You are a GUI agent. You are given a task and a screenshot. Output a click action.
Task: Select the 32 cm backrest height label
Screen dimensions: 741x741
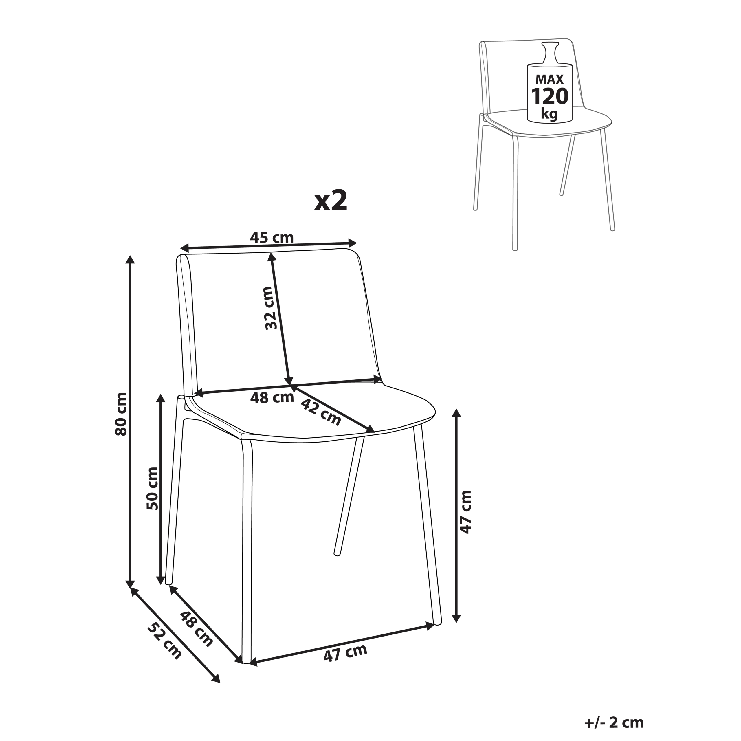tap(271, 308)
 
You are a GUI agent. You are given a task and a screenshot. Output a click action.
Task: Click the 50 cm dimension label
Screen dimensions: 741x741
tap(152, 488)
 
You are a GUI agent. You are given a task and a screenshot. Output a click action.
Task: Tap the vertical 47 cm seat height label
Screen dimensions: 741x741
tap(465, 512)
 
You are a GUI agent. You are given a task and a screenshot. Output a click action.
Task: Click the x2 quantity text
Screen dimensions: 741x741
tap(331, 201)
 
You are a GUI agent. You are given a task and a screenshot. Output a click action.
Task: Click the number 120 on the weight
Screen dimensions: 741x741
tap(550, 96)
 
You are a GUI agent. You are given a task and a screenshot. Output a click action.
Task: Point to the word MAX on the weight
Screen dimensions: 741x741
tap(550, 79)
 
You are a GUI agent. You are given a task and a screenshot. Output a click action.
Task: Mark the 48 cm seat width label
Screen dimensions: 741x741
tap(272, 397)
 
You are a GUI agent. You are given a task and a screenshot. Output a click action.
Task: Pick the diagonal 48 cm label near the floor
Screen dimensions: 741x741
tap(196, 629)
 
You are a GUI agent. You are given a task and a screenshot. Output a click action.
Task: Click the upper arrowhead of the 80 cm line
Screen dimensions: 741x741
tap(131, 259)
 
